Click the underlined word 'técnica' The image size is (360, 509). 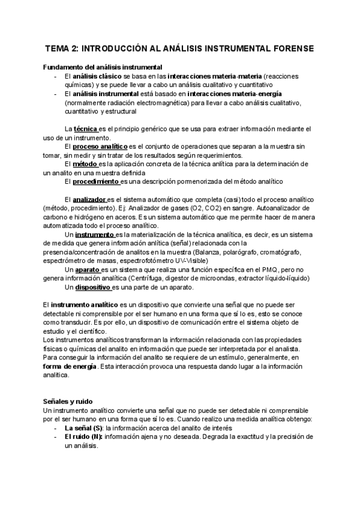pyautogui.click(x=85, y=129)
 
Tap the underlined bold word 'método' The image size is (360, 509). pyautogui.click(x=85, y=163)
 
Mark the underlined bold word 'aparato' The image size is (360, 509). pyautogui.click(x=87, y=270)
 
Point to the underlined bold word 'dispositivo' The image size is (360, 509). pyautogui.click(x=92, y=287)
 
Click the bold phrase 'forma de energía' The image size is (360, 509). pyautogui.click(x=70, y=367)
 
